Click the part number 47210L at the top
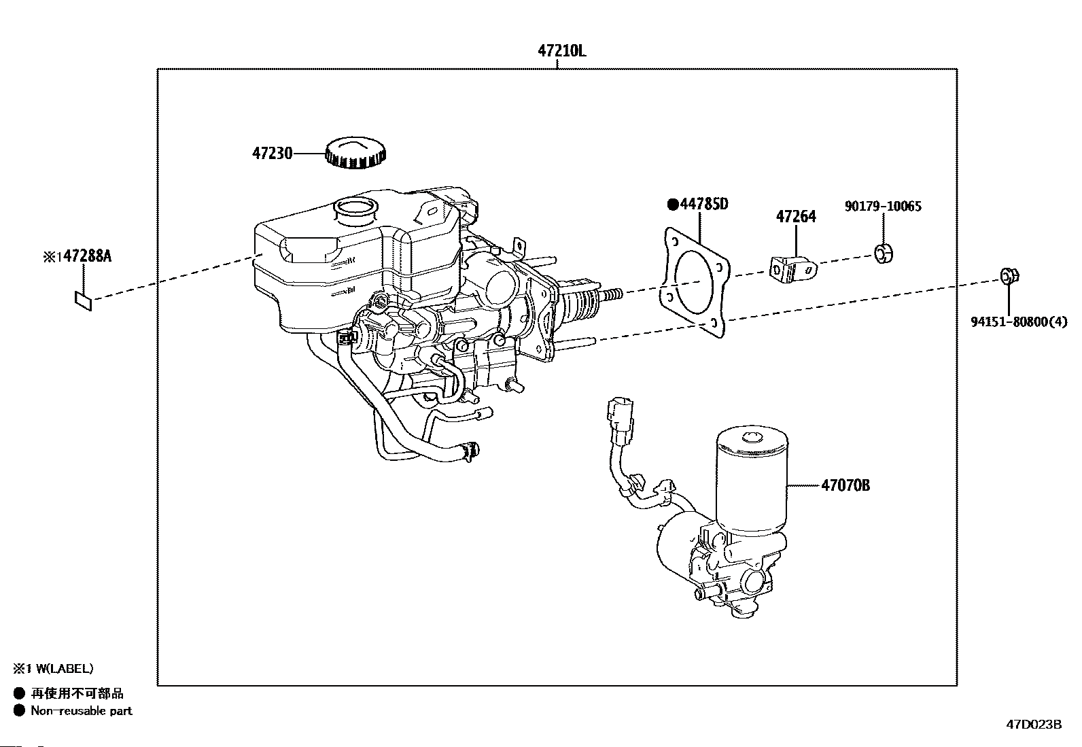tap(561, 51)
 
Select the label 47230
tap(272, 154)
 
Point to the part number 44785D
tap(703, 204)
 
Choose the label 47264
tap(796, 217)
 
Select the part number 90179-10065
tap(883, 206)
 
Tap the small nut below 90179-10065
tap(883, 254)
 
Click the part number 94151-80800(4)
tap(1019, 323)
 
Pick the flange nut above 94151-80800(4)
tap(1009, 277)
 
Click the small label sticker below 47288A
tap(83, 300)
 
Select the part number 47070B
tap(845, 485)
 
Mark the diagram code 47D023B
tap(1033, 724)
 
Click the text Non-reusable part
tap(82, 711)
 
